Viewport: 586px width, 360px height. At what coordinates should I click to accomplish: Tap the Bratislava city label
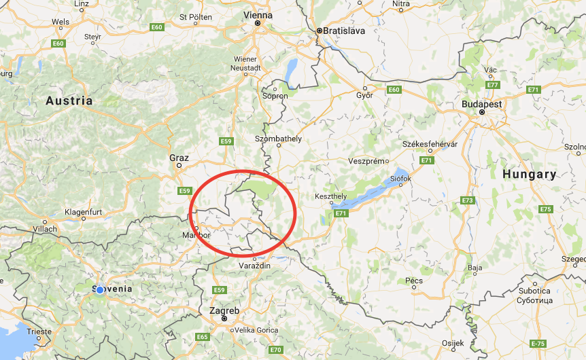[345, 31]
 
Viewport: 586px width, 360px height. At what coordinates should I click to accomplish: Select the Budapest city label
[481, 104]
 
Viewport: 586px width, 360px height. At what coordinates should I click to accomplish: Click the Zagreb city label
[224, 310]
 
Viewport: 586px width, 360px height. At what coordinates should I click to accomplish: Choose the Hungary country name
[529, 174]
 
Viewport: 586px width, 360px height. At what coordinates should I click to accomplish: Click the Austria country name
[69, 101]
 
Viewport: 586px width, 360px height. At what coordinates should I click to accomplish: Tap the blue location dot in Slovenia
[100, 289]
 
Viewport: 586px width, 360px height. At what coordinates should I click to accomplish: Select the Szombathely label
[278, 139]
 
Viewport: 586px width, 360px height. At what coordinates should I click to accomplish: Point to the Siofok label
[400, 179]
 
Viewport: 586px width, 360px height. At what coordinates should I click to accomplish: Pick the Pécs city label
[413, 281]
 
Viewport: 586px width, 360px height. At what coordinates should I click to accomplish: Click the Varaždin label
[256, 266]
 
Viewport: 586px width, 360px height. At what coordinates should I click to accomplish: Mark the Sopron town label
[275, 96]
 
